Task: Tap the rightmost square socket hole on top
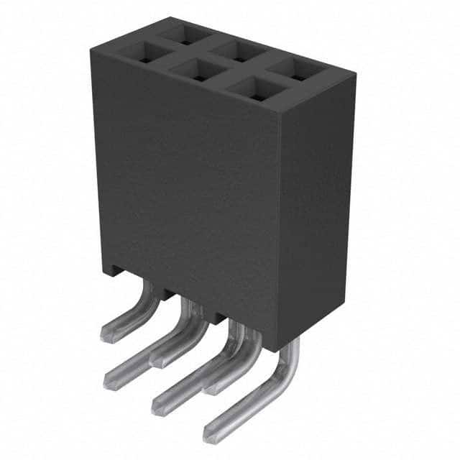pos(296,70)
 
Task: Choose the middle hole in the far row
pos(237,51)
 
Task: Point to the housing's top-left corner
pos(91,47)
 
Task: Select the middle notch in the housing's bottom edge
pos(166,294)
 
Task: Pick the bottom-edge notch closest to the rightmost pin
pos(219,316)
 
